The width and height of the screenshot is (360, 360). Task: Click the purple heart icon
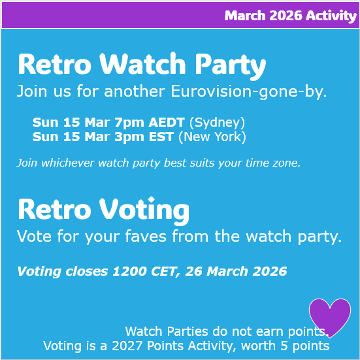pos(329,316)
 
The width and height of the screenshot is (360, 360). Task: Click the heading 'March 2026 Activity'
pos(290,16)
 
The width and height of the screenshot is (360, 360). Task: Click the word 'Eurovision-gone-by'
pos(248,91)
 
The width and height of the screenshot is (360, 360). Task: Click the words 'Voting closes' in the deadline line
pos(62,271)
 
